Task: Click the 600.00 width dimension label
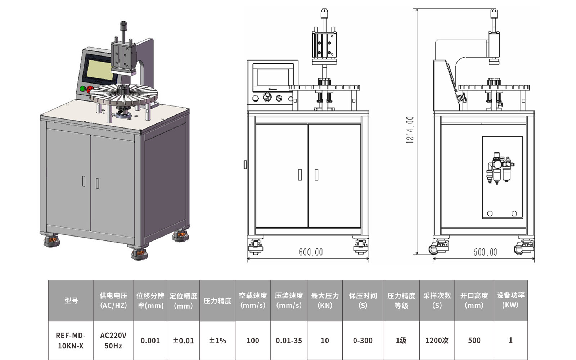tap(311, 252)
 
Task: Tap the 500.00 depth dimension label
tap(485, 252)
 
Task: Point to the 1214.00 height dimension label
tap(410, 130)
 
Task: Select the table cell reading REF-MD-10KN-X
tap(71, 341)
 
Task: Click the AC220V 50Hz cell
tap(113, 341)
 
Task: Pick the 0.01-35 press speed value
tap(289, 341)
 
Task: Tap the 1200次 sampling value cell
tap(437, 341)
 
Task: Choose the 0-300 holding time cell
tap(363, 341)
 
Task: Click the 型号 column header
tap(71, 301)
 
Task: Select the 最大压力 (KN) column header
tap(325, 301)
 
